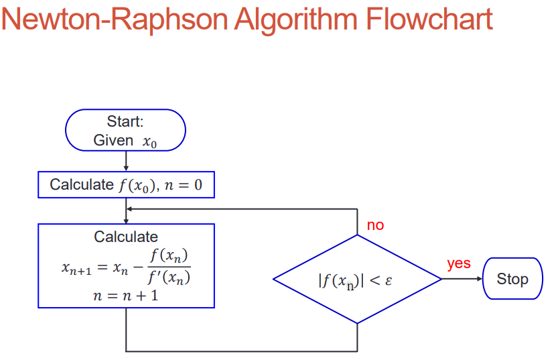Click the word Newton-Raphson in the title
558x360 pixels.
click(115, 19)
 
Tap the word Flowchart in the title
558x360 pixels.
click(429, 19)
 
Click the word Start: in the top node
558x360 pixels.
click(125, 121)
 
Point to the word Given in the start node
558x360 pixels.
click(113, 140)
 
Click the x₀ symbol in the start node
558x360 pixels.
click(149, 142)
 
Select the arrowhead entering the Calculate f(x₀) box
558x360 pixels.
click(126, 168)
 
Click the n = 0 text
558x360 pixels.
click(184, 185)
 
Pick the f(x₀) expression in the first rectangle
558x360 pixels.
click(137, 186)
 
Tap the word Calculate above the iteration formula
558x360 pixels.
click(126, 237)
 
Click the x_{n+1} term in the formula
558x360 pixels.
click(76, 267)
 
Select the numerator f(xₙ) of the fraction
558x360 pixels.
click(169, 255)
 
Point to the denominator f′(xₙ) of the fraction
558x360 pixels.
click(169, 278)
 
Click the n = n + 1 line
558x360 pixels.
click(126, 296)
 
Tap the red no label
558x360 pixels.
click(375, 225)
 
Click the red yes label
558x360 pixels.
click(459, 263)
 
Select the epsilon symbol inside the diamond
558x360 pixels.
click(389, 281)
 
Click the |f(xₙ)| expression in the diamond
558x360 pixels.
click(341, 281)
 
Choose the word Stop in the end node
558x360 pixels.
click(512, 279)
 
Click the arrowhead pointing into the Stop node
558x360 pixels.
click(480, 279)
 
